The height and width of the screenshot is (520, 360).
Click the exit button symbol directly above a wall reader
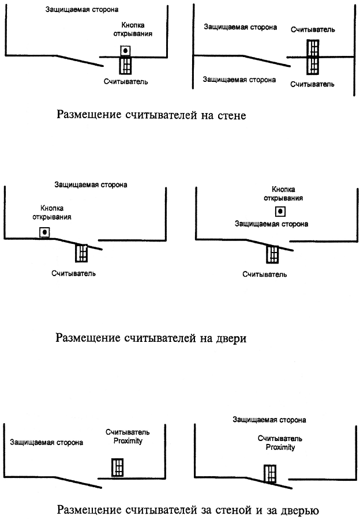point(125,51)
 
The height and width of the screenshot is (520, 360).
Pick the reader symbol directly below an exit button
point(125,65)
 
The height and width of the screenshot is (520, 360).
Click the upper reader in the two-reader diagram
point(313,48)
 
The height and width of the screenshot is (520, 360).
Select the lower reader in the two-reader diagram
point(313,66)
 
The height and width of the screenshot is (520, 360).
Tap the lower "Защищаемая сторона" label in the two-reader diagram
point(239,80)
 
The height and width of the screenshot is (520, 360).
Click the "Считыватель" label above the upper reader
point(313,29)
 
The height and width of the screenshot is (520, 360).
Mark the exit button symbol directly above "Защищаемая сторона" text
point(280,211)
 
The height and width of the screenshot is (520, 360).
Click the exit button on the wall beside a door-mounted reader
point(44,232)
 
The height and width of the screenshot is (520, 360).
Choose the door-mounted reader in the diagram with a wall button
point(81,253)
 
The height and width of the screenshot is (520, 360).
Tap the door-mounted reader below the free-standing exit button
point(272,254)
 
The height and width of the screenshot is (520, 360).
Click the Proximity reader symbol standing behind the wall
point(118,468)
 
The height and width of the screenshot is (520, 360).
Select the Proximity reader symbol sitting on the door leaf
point(270,473)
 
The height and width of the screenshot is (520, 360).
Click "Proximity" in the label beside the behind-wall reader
point(128,441)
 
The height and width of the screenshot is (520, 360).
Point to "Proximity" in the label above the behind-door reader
point(280,447)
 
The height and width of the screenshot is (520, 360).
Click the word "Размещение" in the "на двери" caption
point(88,338)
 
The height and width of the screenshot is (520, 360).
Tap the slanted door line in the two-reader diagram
point(267,61)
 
